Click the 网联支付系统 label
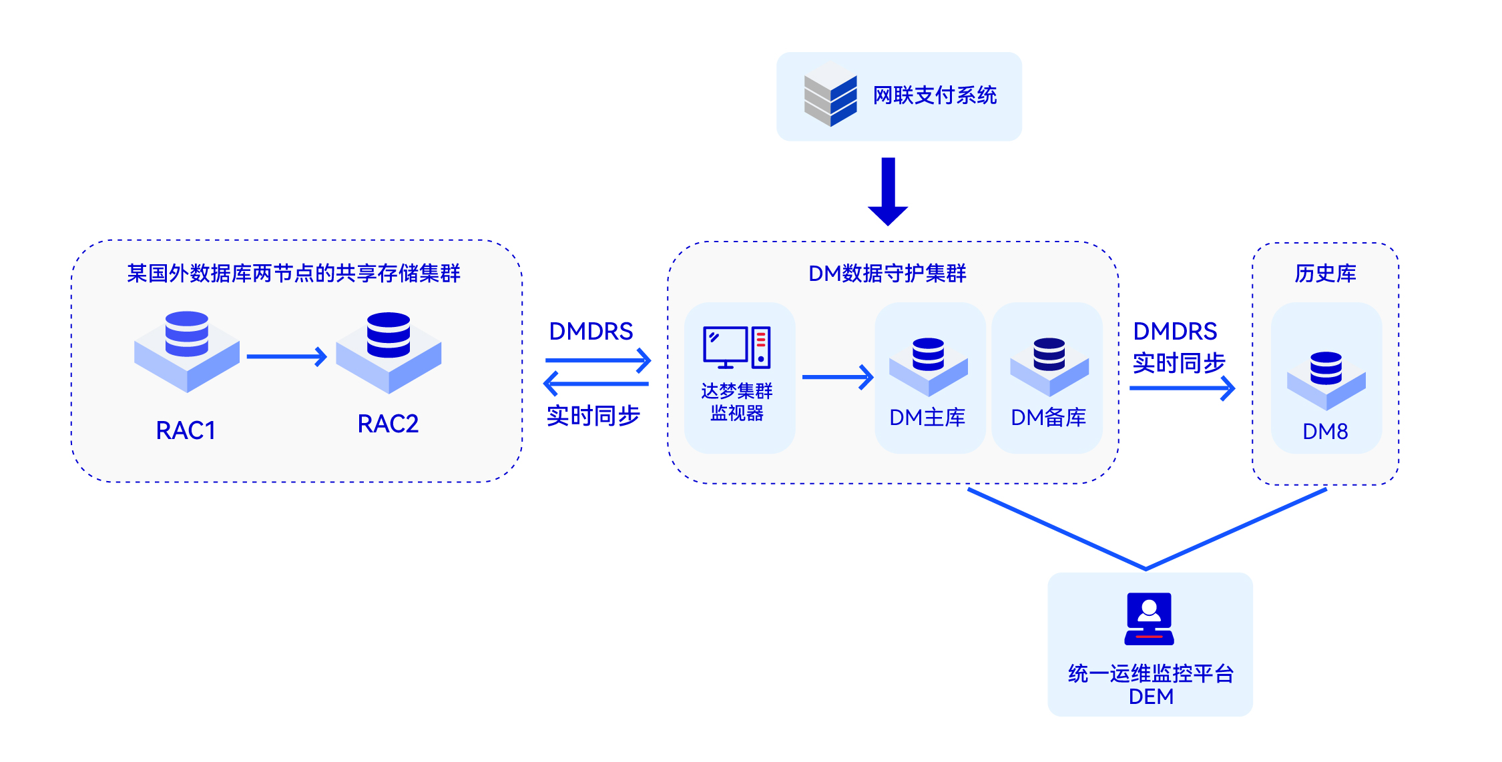935,95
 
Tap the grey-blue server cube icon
830,94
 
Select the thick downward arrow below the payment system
888,192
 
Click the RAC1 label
186,430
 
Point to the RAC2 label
388,424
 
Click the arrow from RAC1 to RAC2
286,357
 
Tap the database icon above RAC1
187,350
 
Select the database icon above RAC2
389,352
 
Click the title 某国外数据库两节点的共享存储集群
294,273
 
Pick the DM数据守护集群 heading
887,273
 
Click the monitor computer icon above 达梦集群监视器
736,348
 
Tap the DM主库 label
927,417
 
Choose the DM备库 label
1048,417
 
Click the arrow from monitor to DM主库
838,377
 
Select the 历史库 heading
1325,273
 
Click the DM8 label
1325,431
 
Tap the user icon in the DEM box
1149,619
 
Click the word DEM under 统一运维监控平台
1151,696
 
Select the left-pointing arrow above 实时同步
595,384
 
